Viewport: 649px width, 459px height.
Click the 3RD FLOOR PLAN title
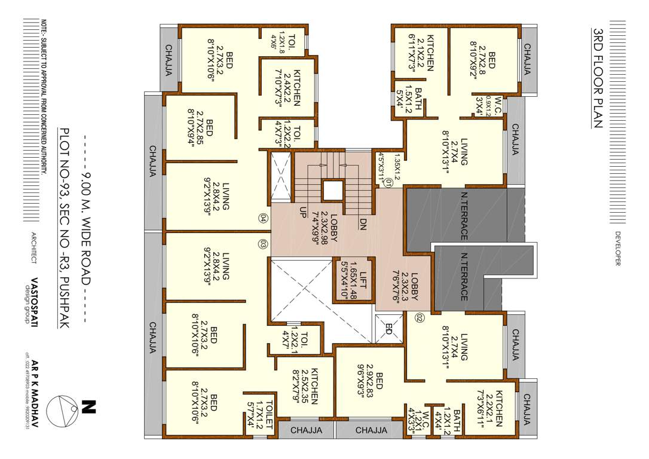pos(596,77)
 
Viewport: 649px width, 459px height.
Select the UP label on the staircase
pos(304,213)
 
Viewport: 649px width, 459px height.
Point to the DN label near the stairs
pos(363,224)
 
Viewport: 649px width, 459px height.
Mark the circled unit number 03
pos(262,244)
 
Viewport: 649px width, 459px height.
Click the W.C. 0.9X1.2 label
pos(494,105)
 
